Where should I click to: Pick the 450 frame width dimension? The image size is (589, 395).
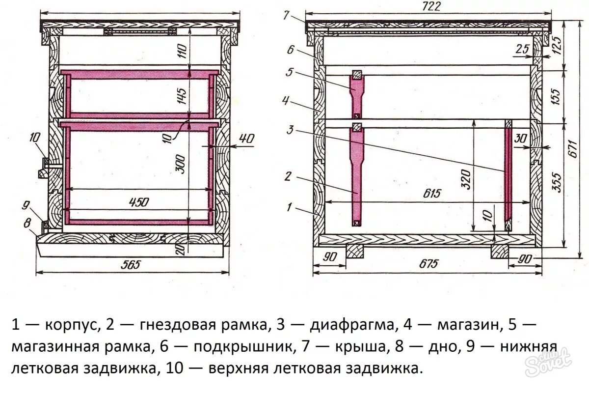138,202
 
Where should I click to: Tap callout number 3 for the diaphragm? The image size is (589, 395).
291,130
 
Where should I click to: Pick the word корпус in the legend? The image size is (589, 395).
72,325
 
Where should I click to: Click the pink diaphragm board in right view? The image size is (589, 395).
509,177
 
